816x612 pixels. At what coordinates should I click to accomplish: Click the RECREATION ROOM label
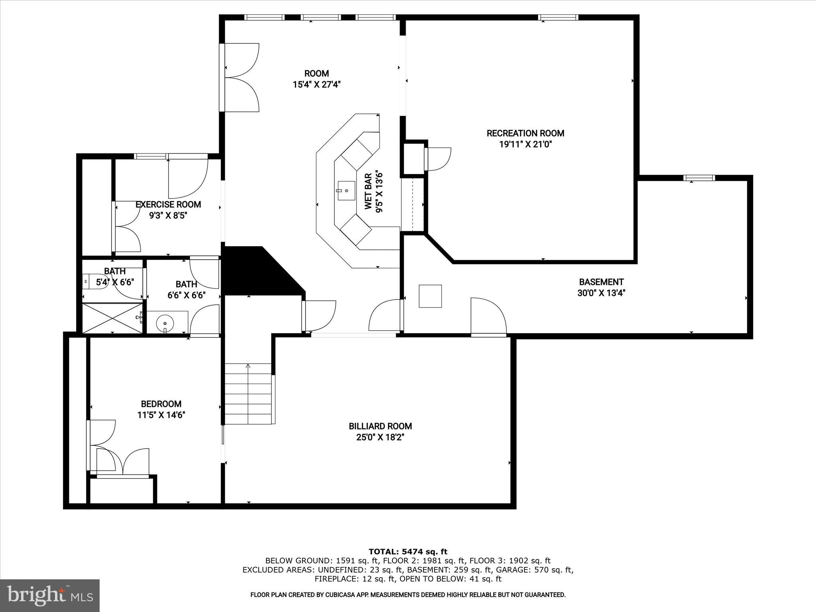525,133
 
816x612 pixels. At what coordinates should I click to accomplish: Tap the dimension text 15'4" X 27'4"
317,84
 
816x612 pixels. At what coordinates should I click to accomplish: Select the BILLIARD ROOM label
380,426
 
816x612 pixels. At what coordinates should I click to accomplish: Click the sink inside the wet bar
346,191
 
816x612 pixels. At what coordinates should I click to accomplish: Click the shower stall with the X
112,318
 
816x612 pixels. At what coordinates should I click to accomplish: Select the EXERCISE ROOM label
168,204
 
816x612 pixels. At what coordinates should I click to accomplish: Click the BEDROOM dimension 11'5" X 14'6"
161,415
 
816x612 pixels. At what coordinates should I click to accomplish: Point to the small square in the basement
430,296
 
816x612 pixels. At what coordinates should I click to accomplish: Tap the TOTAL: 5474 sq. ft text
408,552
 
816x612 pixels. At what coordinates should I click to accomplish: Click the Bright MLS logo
49,595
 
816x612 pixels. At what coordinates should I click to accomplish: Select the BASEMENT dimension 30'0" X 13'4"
601,293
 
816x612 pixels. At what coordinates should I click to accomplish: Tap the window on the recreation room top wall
558,17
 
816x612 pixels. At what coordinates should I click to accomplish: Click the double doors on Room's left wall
239,77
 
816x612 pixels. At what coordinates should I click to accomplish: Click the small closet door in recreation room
437,159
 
